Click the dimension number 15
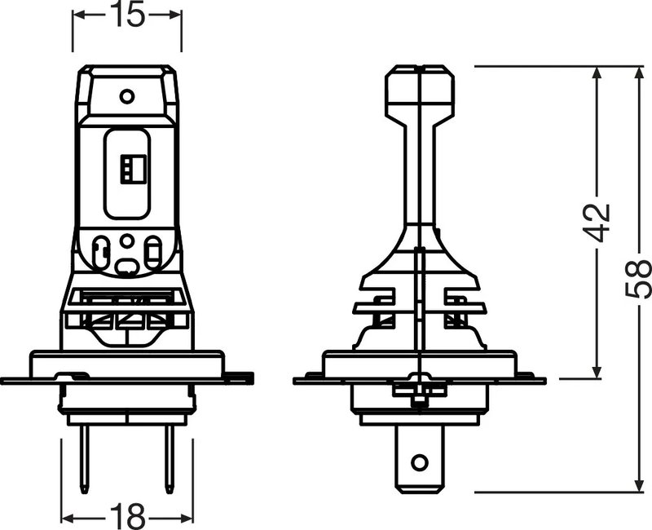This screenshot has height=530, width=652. click(126, 16)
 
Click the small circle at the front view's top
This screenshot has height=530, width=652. click(126, 96)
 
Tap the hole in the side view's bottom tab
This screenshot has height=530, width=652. click(420, 462)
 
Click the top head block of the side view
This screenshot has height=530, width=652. click(419, 87)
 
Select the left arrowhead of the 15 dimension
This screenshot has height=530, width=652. click(79, 16)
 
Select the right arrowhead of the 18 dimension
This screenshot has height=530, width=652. click(187, 515)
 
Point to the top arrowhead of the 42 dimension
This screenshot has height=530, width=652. click(598, 73)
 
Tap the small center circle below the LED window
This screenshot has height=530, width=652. click(126, 241)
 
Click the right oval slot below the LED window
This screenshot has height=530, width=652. click(152, 250)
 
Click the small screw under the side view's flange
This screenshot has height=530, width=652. click(419, 400)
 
